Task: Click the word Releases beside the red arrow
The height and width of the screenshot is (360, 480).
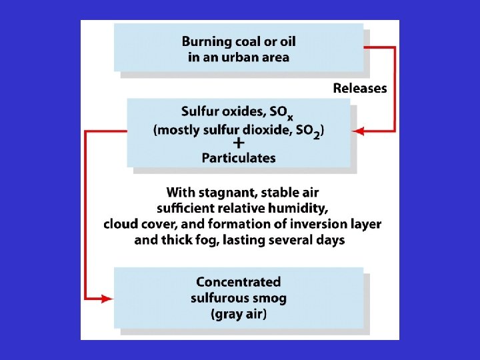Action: point(359,88)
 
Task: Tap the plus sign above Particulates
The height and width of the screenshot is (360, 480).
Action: point(238,143)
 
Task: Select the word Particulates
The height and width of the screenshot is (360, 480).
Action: point(238,158)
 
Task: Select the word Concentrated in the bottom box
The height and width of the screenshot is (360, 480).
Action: point(238,282)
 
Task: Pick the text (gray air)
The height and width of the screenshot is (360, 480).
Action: point(238,313)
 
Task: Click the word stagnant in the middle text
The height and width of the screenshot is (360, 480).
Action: point(227,193)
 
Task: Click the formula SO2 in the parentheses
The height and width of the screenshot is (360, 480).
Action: point(307,131)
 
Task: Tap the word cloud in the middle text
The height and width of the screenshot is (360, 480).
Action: point(121,223)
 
